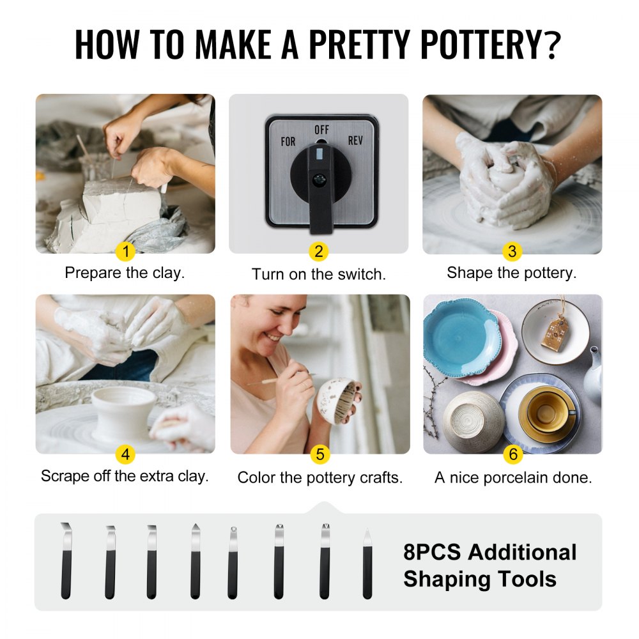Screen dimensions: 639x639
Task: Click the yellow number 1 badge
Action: (x=126, y=252)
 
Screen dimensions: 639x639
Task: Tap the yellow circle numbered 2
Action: (x=318, y=252)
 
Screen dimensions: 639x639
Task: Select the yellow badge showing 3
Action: (x=511, y=252)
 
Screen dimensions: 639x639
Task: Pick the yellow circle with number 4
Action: (x=126, y=454)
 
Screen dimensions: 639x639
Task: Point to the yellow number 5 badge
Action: (x=319, y=454)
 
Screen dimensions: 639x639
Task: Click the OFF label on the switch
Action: (x=322, y=130)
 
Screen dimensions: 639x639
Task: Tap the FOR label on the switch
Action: (x=288, y=141)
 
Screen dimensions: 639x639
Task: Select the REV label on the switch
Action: (x=355, y=140)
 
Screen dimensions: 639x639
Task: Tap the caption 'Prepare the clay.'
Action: (x=125, y=273)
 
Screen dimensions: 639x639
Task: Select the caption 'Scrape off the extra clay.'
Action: (x=125, y=476)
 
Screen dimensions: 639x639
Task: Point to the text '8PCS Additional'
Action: (x=489, y=552)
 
